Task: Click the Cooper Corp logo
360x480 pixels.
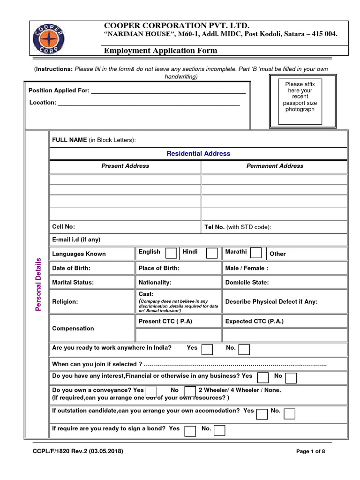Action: point(49,38)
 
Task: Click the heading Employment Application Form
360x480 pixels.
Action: point(160,51)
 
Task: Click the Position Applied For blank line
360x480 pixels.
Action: point(168,91)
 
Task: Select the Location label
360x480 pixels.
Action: point(43,102)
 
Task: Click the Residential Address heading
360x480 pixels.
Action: point(198,153)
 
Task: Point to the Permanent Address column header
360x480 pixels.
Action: point(275,166)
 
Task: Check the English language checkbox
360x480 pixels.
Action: point(172,253)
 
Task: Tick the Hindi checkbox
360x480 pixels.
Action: point(212,253)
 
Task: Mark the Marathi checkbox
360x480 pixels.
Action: point(256,253)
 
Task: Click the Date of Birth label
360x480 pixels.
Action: point(71,268)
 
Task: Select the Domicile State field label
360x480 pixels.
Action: point(247,283)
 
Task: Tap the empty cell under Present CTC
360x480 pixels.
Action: point(178,335)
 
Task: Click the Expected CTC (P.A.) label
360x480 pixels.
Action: point(255,321)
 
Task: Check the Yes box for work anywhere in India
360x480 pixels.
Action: point(207,349)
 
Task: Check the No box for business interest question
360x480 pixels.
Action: point(291,378)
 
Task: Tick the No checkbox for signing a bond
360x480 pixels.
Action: point(219,430)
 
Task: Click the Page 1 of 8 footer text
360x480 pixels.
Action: point(311,451)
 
